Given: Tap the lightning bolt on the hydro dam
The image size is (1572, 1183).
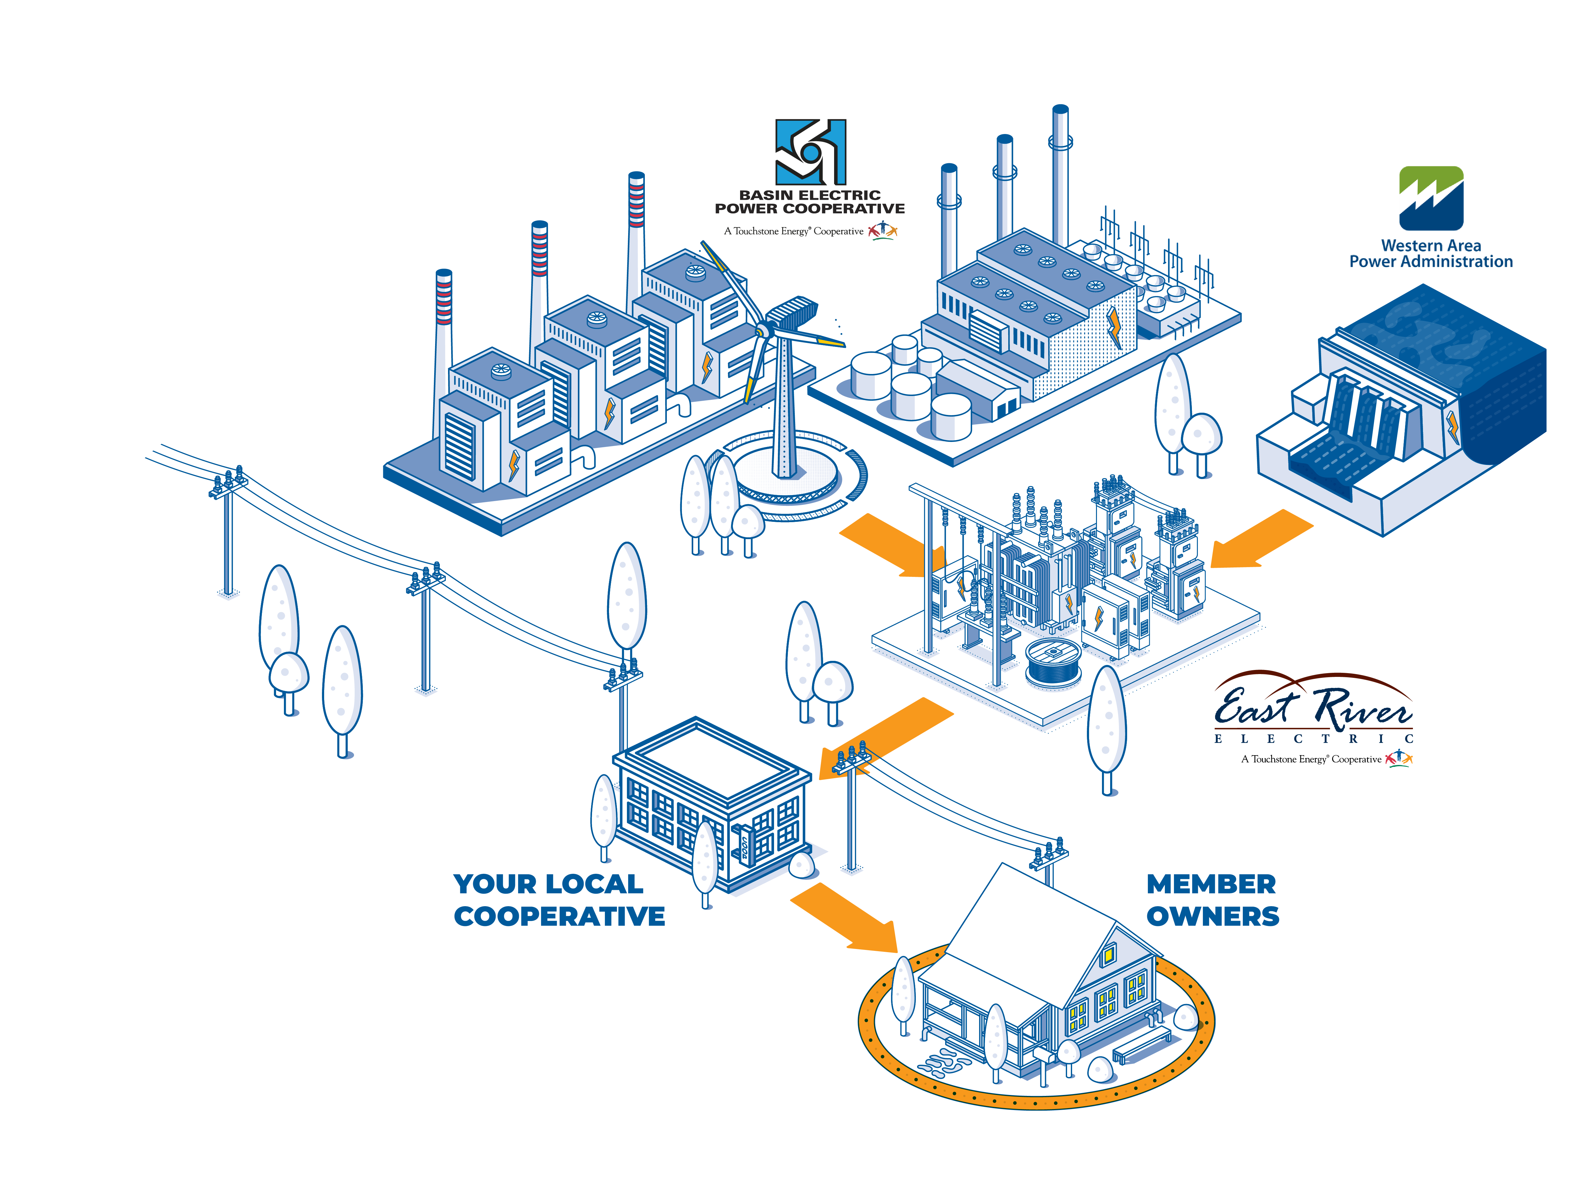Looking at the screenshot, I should pyautogui.click(x=1452, y=427).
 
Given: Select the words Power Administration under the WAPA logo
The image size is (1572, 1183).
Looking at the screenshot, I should pyautogui.click(x=1431, y=262).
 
